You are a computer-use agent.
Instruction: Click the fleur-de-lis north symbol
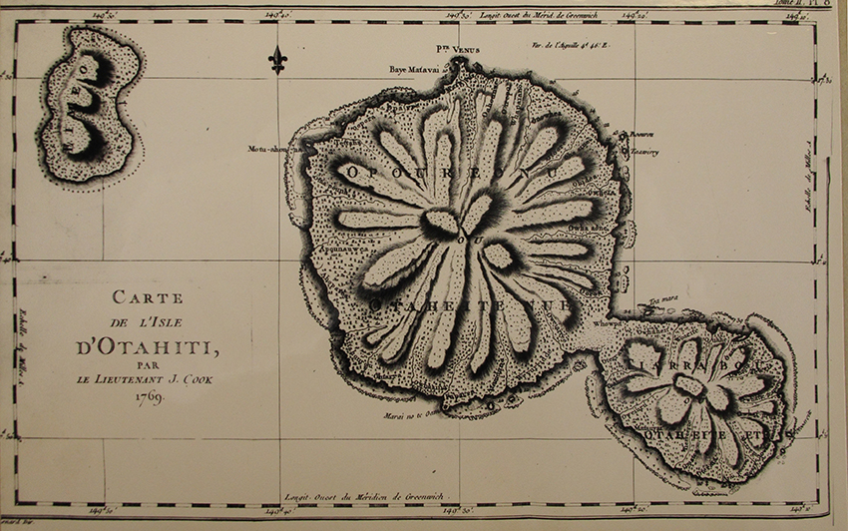pos(277,60)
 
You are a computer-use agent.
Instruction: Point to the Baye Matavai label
pos(414,70)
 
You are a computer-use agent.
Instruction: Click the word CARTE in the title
pos(144,296)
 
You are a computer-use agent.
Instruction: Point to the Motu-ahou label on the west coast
pos(270,149)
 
